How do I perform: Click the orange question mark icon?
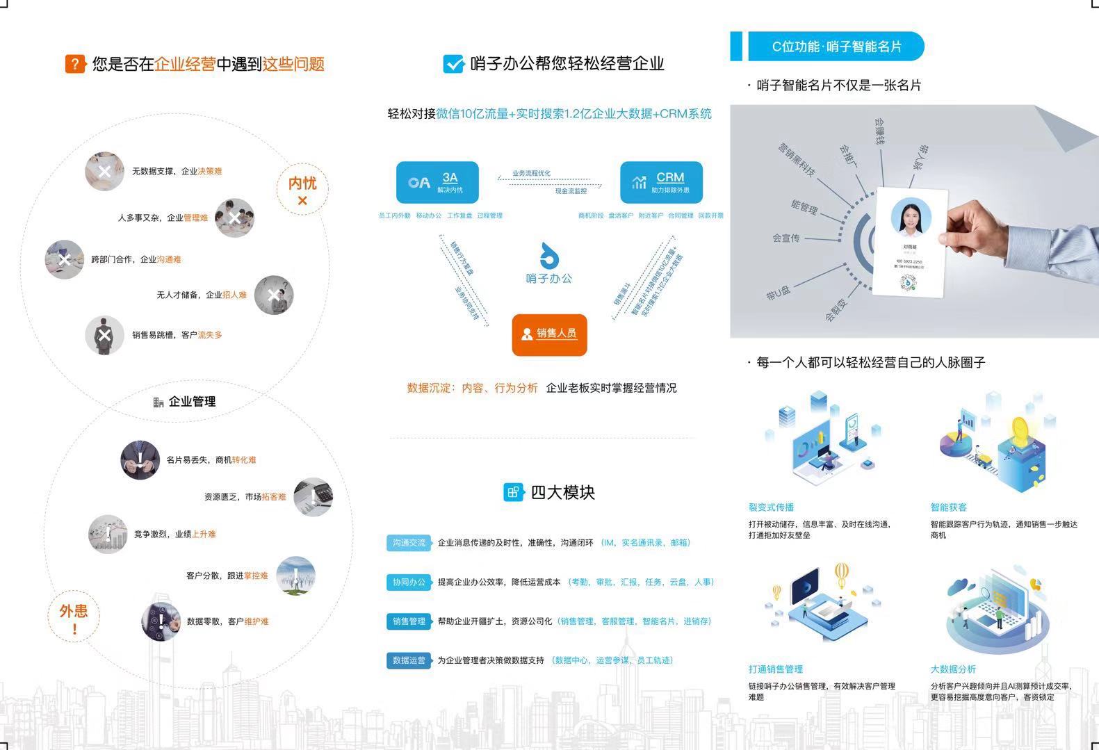(x=75, y=64)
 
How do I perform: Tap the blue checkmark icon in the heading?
(x=453, y=64)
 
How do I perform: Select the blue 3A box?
(x=437, y=182)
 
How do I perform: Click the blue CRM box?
(x=661, y=182)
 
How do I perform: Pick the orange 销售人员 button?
(x=549, y=334)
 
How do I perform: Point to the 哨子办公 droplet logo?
(x=549, y=256)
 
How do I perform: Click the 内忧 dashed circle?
(x=302, y=189)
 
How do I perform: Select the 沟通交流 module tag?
(x=409, y=543)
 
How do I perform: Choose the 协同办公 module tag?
(x=409, y=582)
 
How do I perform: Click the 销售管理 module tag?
(x=409, y=621)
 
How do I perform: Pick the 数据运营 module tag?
(x=409, y=660)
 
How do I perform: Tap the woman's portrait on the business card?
(x=911, y=217)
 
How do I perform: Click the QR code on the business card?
(x=908, y=282)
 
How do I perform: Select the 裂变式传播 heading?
(x=771, y=507)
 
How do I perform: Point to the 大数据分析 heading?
(x=953, y=669)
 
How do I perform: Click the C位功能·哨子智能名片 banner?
(x=836, y=47)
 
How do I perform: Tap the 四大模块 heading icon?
(x=513, y=492)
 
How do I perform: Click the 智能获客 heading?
(x=949, y=507)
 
